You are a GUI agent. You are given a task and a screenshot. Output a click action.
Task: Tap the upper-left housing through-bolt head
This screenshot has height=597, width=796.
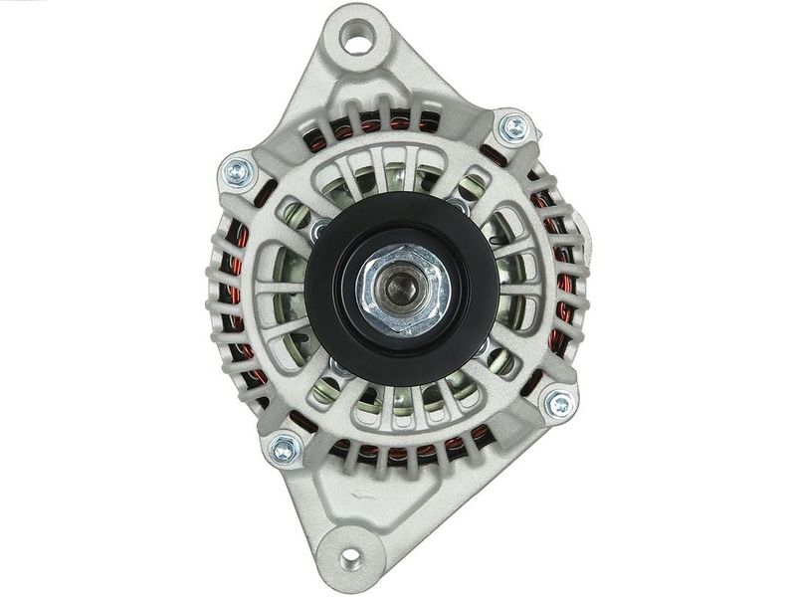point(239,170)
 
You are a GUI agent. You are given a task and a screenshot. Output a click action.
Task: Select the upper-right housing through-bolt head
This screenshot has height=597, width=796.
point(513,127)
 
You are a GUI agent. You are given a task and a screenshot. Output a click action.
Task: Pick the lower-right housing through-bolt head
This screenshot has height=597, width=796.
point(559,404)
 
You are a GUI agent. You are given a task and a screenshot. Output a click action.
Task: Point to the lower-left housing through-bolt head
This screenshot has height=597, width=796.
point(284,449)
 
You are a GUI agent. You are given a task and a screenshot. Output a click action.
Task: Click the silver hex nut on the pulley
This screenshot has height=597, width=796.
point(402,289)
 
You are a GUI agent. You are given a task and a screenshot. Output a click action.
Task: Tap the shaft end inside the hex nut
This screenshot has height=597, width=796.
point(402,290)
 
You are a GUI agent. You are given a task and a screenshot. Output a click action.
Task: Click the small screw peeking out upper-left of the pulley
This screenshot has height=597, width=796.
point(319,231)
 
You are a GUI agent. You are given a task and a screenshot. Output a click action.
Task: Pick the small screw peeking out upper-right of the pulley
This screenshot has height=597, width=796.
point(461,206)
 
